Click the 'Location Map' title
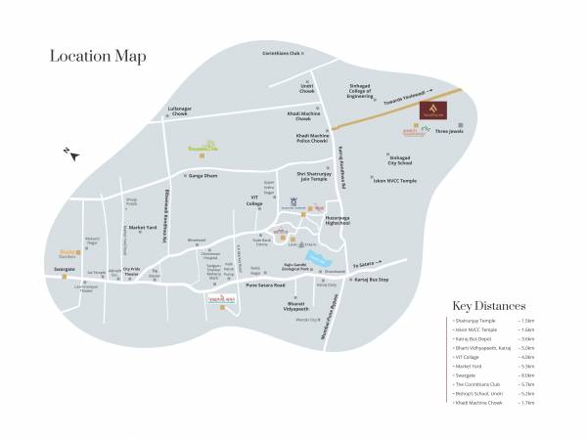[x=98, y=56]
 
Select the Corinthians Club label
[x=284, y=52]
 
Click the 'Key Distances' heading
[x=489, y=306]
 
